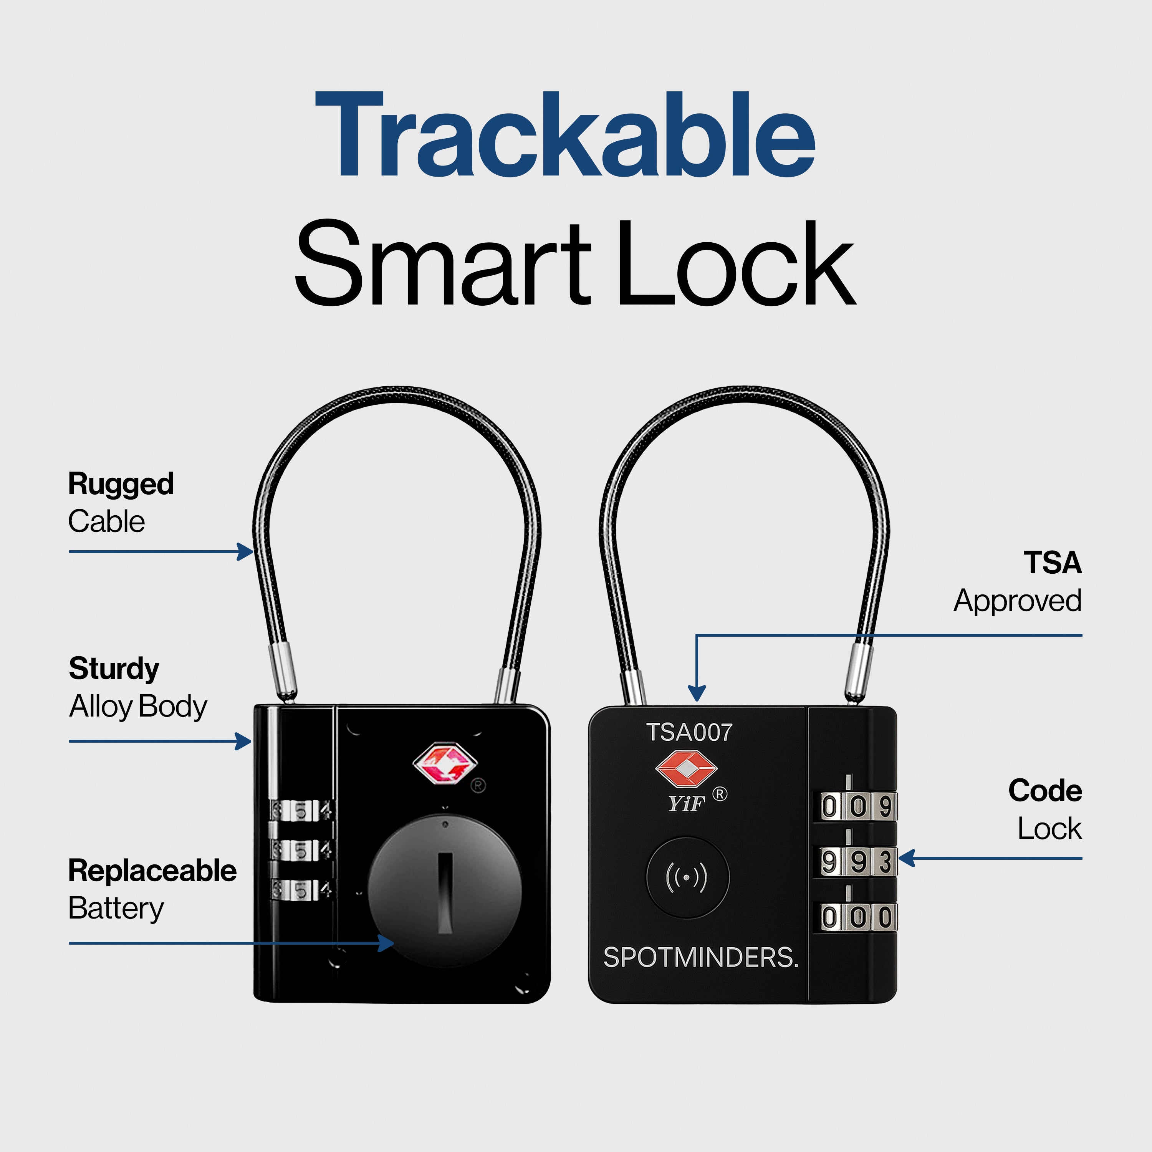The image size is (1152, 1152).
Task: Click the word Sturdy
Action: click(x=114, y=669)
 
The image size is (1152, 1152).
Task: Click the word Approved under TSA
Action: click(x=1017, y=601)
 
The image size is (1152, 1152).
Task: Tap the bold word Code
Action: click(x=1044, y=791)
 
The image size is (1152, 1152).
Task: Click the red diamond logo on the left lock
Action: click(x=445, y=764)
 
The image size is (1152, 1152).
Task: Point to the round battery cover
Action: click(x=444, y=890)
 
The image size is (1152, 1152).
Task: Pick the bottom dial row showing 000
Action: click(x=856, y=917)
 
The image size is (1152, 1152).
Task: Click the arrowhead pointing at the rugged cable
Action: click(x=246, y=551)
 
